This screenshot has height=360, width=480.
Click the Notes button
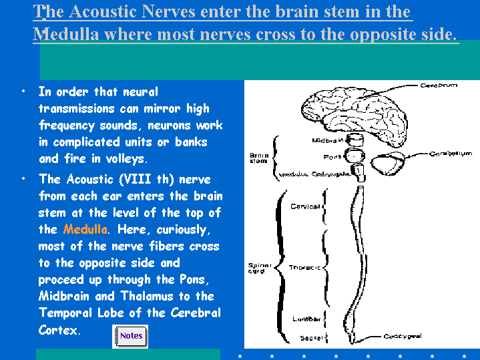(131, 335)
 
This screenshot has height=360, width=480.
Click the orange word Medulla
(85, 230)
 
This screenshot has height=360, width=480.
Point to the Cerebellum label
(451, 154)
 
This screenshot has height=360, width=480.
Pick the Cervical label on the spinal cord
(305, 206)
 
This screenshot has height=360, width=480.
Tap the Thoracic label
(304, 267)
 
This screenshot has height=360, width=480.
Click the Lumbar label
(306, 319)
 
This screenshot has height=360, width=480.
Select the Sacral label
(311, 338)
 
